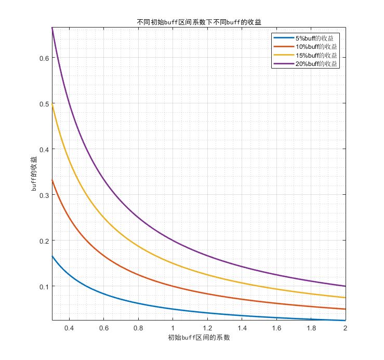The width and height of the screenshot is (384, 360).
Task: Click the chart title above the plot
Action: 199,22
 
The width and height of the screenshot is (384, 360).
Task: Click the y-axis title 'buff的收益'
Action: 34,174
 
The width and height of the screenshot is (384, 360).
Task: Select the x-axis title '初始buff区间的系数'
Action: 198,338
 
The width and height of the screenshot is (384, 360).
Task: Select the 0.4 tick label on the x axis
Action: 69,328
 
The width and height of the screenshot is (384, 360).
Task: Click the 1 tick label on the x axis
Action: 173,328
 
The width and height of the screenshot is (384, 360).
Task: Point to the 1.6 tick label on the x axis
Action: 276,328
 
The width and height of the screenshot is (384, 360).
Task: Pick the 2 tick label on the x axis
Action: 345,328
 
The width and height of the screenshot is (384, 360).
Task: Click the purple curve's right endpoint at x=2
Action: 345,286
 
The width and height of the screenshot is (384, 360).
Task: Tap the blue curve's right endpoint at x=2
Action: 345,321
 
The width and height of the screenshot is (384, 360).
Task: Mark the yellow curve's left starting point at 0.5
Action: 52,103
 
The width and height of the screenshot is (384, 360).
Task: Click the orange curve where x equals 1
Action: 173,286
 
